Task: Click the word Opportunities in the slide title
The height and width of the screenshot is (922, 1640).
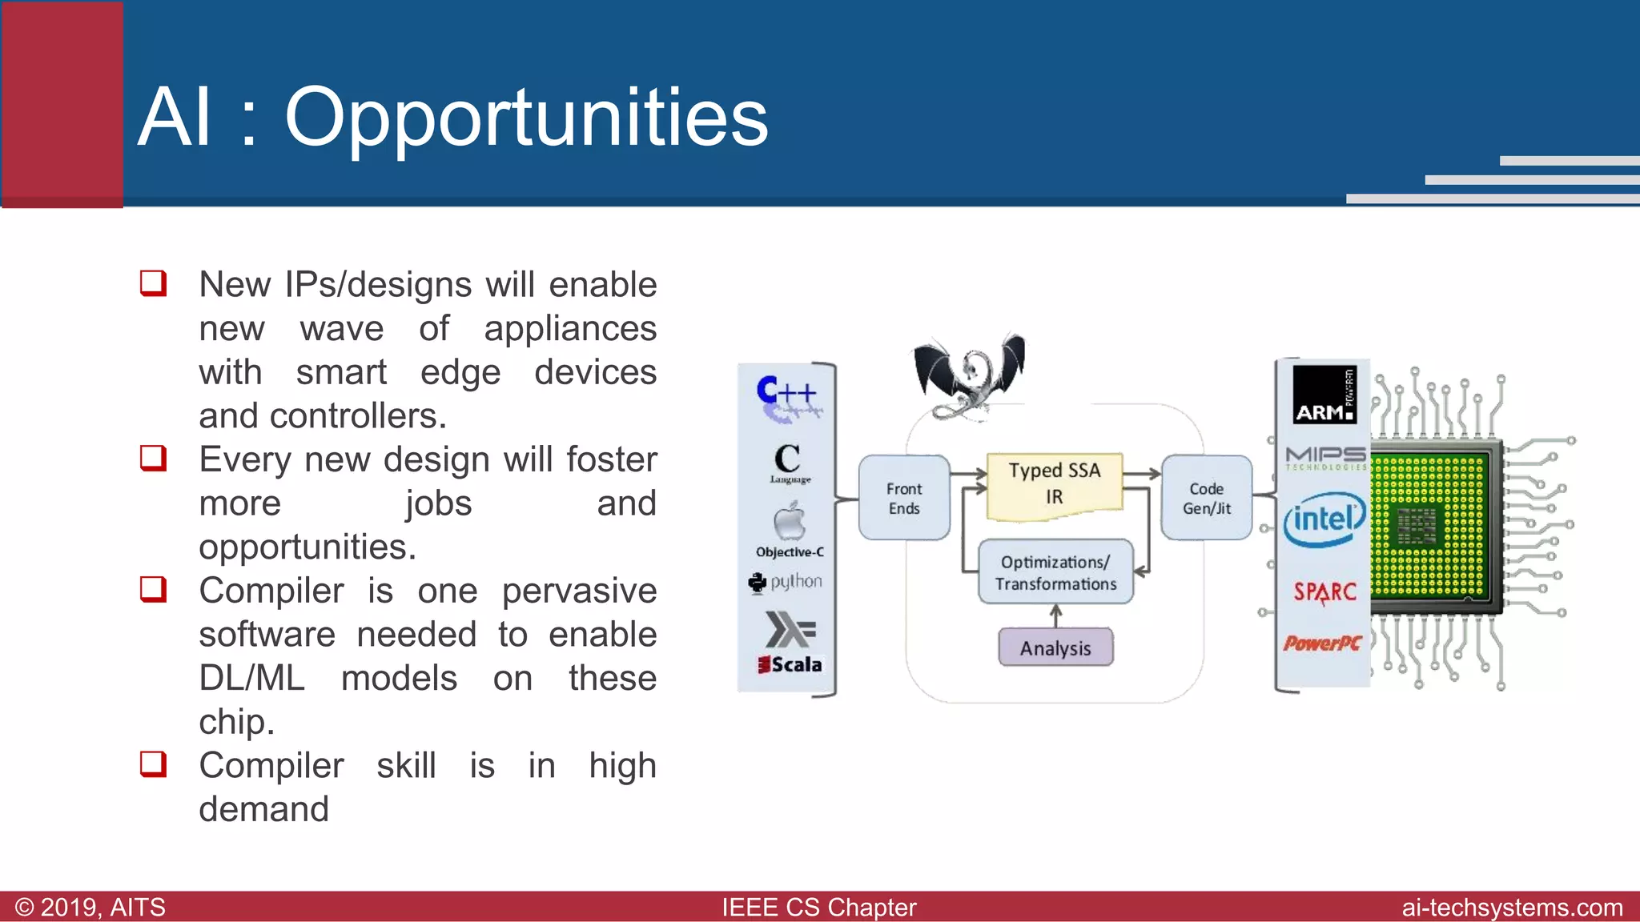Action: tap(526, 118)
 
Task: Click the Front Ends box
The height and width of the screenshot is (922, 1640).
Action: tap(904, 498)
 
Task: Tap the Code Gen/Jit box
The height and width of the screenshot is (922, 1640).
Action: tap(1206, 498)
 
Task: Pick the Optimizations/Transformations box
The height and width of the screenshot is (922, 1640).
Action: tap(1055, 572)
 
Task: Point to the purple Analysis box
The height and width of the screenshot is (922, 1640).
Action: tap(1055, 647)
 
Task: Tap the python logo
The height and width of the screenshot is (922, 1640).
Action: tap(786, 582)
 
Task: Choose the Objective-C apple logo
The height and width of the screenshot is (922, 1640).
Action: tap(789, 522)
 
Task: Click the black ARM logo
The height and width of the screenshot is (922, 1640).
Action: tap(1324, 395)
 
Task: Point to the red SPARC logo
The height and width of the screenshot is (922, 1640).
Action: tap(1324, 592)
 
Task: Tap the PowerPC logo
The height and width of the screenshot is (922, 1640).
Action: tap(1322, 643)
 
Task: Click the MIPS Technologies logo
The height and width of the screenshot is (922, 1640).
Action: tap(1325, 458)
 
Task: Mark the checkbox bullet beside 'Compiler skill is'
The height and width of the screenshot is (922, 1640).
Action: tap(153, 764)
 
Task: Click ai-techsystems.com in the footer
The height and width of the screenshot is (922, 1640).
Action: tap(1512, 908)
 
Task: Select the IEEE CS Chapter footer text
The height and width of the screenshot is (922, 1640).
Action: tap(818, 908)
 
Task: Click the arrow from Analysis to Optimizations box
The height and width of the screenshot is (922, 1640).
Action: tap(1055, 615)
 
